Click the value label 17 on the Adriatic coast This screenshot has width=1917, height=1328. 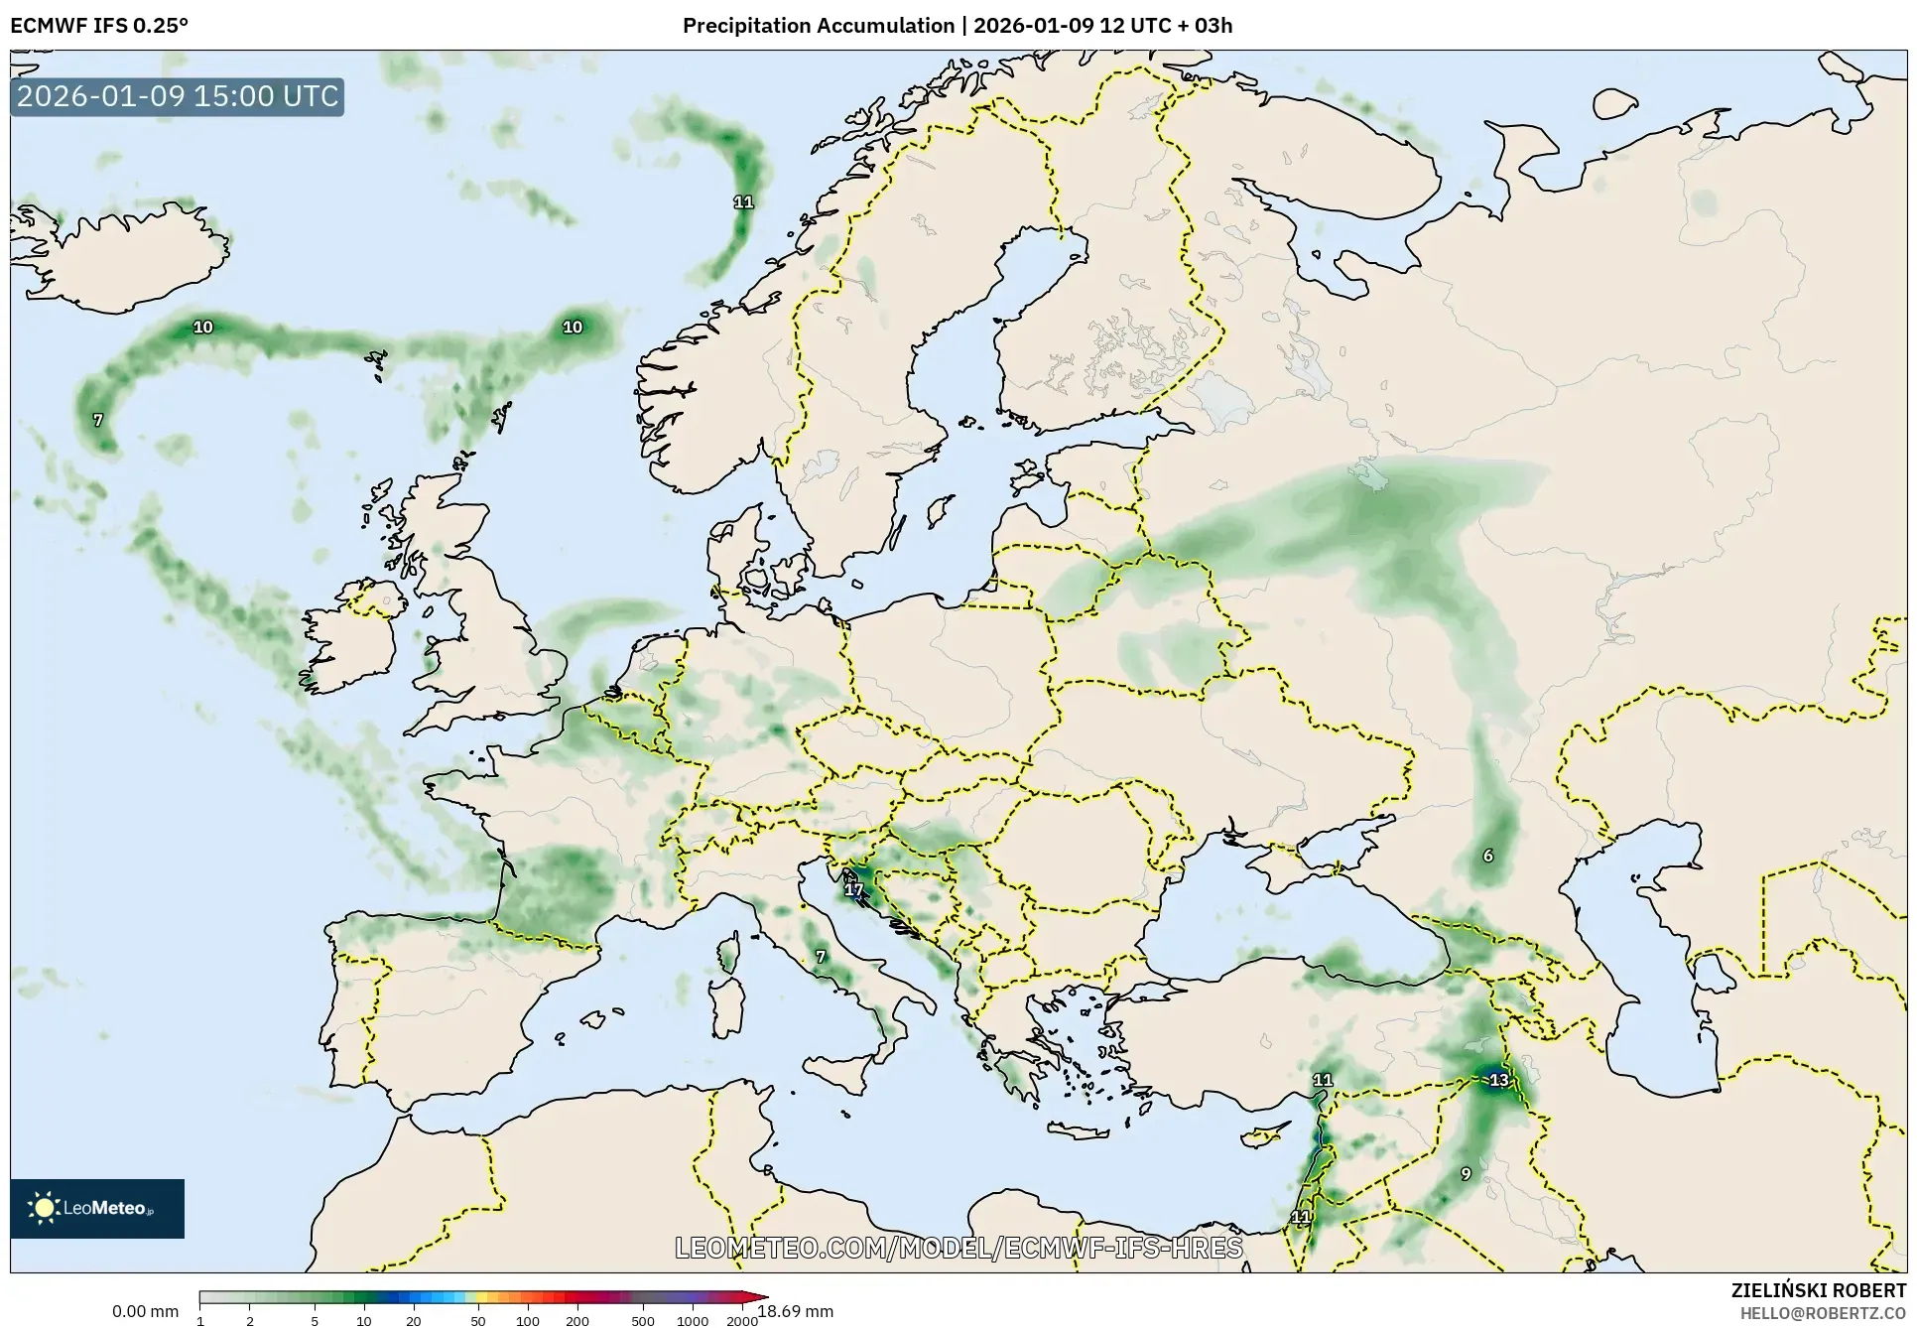pos(853,890)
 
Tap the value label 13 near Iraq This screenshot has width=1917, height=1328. pos(1498,1080)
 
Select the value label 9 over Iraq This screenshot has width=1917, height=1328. pos(1466,1174)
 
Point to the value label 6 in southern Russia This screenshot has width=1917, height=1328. pos(1487,856)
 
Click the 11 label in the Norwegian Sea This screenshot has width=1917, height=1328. pos(743,202)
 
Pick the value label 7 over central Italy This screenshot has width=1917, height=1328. pos(820,957)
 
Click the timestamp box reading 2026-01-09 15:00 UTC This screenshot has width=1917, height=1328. pos(178,96)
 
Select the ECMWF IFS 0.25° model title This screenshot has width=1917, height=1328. pos(99,26)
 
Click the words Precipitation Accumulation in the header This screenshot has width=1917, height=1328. pos(818,26)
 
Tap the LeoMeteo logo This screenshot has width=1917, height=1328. pos(97,1208)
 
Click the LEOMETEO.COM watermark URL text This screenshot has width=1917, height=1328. pos(958,1248)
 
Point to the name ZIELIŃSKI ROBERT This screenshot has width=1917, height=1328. pos(1818,1291)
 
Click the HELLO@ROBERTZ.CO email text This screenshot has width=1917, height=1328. pos(1823,1313)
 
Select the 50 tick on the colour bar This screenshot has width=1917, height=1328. pos(478,1320)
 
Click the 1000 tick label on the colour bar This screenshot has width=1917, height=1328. pos(692,1320)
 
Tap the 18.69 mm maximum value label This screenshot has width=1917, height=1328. pos(797,1311)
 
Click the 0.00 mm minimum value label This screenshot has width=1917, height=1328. pos(145,1311)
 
